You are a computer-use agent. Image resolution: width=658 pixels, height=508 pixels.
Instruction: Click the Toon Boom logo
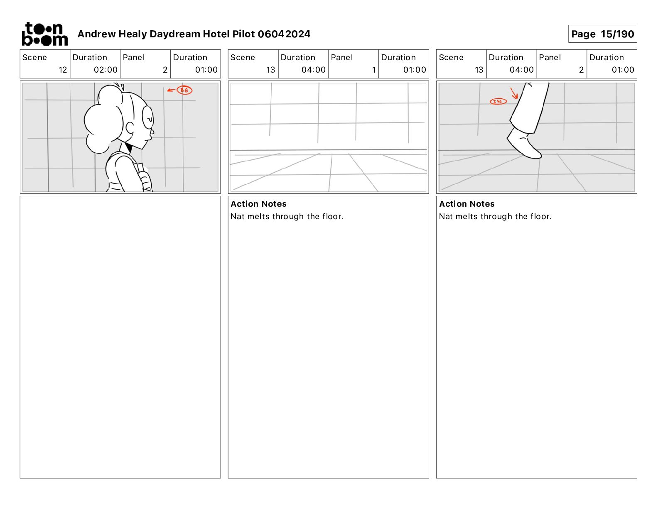45,34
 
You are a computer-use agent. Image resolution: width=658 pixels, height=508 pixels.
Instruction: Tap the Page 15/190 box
602,34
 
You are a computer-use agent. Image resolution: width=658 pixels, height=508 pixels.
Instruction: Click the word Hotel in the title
216,34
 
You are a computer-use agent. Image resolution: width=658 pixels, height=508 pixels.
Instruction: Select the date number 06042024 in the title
284,34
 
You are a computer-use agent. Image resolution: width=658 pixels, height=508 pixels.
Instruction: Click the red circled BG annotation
184,90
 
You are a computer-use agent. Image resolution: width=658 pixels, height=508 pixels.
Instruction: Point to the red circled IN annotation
498,101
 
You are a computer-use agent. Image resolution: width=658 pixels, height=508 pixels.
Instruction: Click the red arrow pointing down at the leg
514,93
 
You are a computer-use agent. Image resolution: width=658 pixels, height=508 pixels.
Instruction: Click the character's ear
130,128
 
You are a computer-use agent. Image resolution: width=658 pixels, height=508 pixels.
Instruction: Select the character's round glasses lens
148,118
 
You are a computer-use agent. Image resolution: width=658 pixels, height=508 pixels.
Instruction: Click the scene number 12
63,70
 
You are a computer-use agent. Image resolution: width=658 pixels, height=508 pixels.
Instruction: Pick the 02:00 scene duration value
106,70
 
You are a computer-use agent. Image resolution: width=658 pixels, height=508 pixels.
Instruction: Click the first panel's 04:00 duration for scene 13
313,70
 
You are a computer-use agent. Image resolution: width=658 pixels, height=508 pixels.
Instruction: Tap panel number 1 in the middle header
374,70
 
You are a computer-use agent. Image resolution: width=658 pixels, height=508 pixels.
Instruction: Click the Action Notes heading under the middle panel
258,204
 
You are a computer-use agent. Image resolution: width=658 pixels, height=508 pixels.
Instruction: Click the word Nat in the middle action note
237,216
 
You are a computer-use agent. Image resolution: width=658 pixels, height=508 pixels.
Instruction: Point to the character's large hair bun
101,120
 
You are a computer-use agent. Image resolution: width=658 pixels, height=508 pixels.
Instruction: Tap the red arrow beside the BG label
172,90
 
